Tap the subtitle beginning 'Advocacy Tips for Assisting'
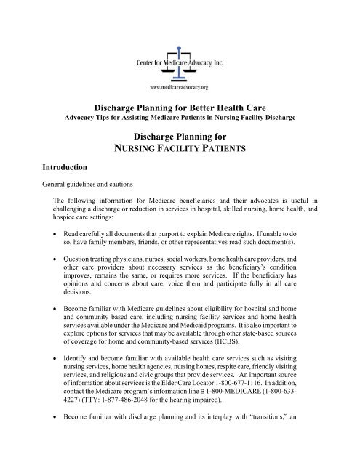pyautogui.click(x=179, y=118)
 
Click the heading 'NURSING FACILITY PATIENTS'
pyautogui.click(x=179, y=150)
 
